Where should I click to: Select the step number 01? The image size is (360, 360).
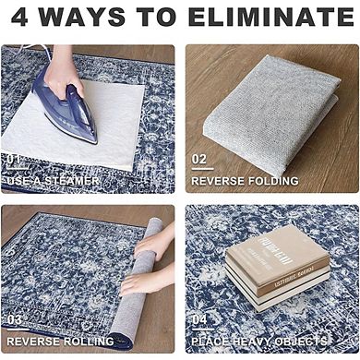point(16,159)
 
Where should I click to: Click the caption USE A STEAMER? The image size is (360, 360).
point(55,180)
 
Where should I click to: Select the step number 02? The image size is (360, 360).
point(200,159)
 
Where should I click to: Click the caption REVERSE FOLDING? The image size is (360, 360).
point(246,181)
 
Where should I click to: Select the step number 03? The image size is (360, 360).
point(16,319)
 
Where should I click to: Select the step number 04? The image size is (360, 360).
point(200,319)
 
